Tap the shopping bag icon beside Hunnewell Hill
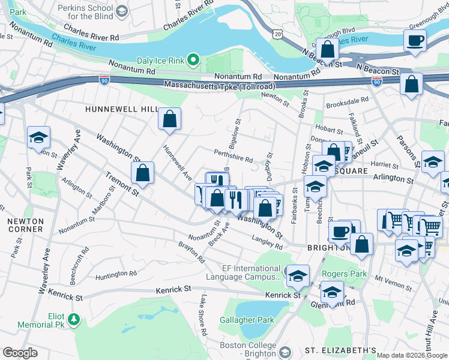pyautogui.click(x=170, y=118)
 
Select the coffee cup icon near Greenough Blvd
pyautogui.click(x=415, y=41)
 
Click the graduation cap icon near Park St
pyautogui.click(x=38, y=137)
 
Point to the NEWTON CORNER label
pyautogui.click(x=25, y=225)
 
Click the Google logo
pyautogui.click(x=20, y=353)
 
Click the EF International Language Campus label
pyautogui.click(x=244, y=273)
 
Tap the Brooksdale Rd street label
pyautogui.click(x=347, y=101)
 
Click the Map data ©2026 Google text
pyautogui.click(x=412, y=355)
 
